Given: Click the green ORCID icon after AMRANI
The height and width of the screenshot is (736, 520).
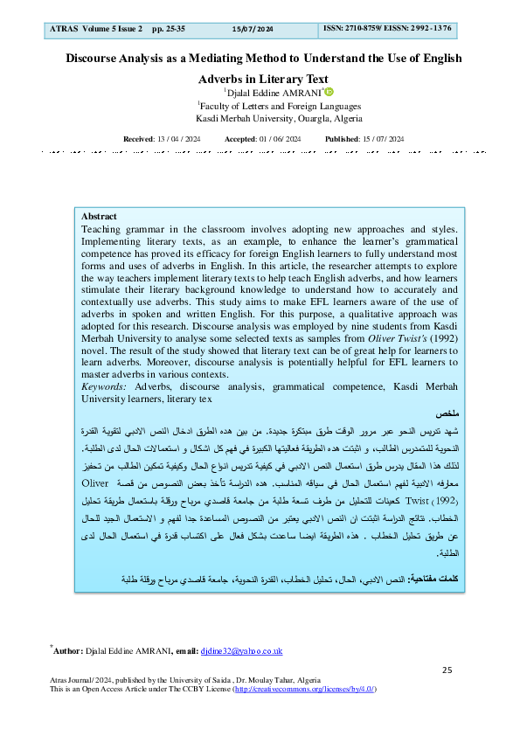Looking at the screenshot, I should pos(330,92).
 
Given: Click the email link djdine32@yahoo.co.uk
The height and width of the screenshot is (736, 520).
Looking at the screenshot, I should pos(240,650).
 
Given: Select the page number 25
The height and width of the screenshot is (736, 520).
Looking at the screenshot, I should pos(447,670).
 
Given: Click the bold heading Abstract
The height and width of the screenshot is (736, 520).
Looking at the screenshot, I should pos(99,216).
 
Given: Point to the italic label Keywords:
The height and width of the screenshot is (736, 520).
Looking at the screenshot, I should pos(102,385).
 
